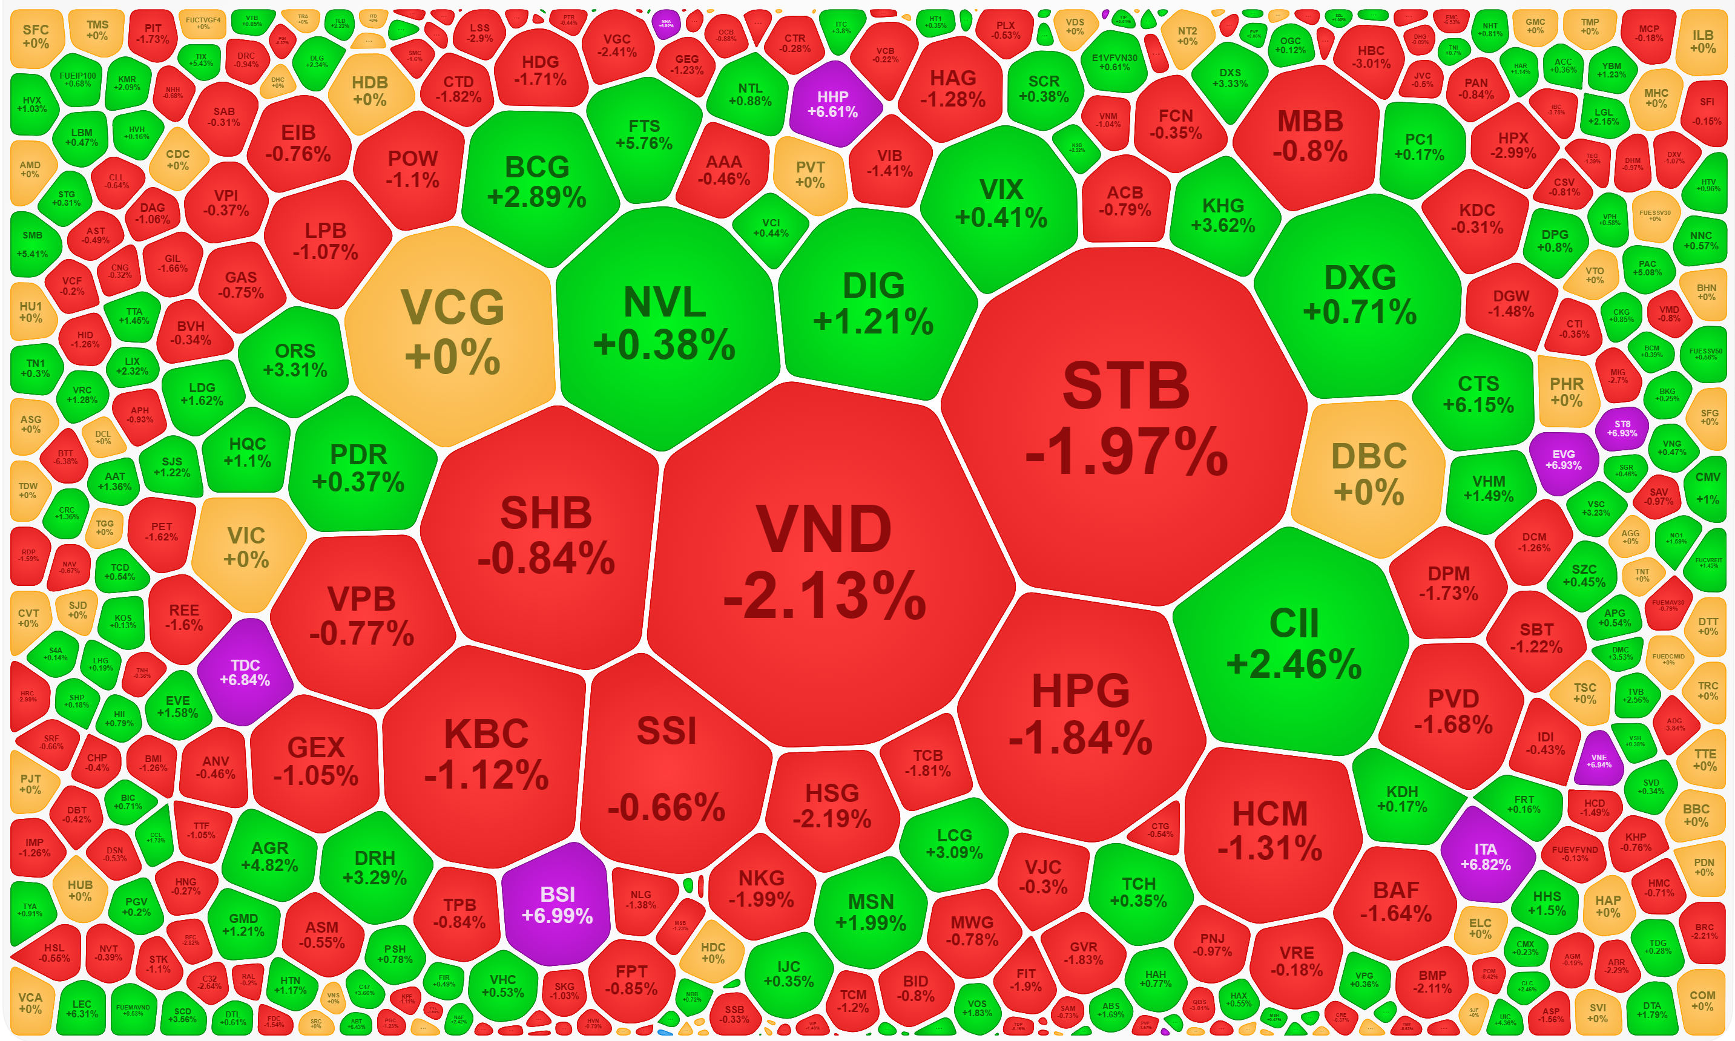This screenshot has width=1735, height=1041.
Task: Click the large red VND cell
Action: [x=825, y=561]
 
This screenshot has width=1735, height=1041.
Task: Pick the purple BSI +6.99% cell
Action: [x=557, y=904]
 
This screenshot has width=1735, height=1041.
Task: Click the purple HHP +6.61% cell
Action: [x=833, y=104]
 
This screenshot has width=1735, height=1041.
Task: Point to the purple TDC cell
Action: [x=245, y=671]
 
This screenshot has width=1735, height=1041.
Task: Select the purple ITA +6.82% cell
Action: [x=1485, y=856]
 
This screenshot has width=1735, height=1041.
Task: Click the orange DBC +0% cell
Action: [x=1368, y=473]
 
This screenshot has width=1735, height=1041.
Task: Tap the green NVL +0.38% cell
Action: [x=664, y=323]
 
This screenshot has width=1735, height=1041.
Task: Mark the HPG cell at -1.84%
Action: [x=1081, y=712]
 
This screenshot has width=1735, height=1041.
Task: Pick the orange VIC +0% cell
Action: [x=246, y=547]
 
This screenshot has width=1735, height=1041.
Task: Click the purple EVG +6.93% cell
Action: [x=1563, y=459]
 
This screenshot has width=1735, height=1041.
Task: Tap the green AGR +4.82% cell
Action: [x=269, y=856]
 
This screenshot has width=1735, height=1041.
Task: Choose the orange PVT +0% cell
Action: [x=809, y=174]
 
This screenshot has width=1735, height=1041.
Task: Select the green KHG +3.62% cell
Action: [x=1223, y=215]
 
